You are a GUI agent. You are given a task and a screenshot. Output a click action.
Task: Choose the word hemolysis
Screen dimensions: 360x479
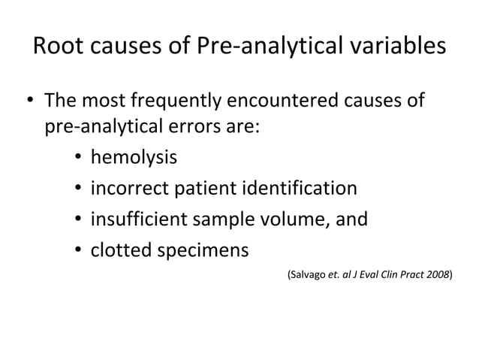(x=134, y=158)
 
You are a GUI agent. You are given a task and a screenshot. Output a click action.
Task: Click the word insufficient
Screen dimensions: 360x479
(x=134, y=219)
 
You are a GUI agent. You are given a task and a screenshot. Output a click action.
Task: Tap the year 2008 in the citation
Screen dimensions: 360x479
(x=438, y=275)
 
